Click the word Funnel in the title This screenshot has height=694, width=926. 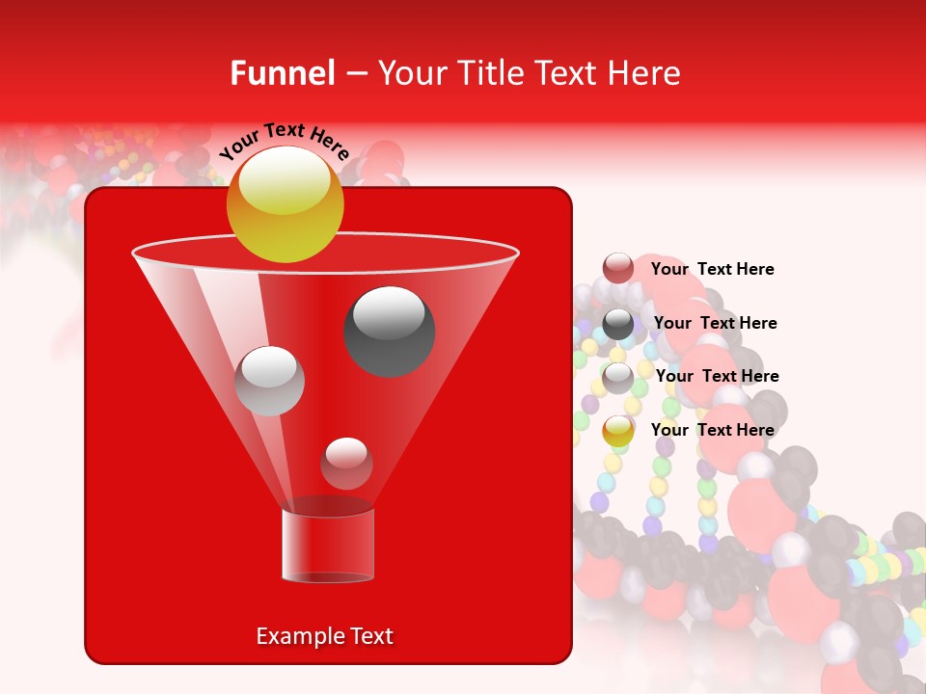(283, 73)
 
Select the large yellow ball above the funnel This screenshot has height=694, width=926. (285, 205)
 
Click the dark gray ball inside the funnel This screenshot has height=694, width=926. (389, 331)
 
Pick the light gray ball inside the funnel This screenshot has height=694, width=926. (269, 381)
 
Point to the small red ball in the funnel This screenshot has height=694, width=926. (346, 463)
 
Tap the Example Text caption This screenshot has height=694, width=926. (324, 636)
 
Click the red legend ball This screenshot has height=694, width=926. (618, 269)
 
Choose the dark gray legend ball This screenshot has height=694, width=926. (618, 324)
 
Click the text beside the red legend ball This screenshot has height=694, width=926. (712, 270)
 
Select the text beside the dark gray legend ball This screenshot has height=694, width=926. (715, 324)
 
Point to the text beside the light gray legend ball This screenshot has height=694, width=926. (717, 377)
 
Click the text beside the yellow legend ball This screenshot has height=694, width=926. (712, 430)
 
